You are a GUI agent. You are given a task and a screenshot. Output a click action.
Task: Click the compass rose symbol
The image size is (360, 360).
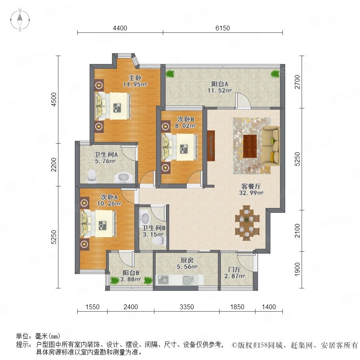[20, 20]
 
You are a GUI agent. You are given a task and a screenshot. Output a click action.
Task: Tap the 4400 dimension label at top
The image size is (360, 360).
[120, 28]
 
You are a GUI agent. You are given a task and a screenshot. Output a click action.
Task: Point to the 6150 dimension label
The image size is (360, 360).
[223, 28]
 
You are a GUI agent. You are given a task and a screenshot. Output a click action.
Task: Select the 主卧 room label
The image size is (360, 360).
[135, 78]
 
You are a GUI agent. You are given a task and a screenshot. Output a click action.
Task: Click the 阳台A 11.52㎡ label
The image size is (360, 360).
[220, 87]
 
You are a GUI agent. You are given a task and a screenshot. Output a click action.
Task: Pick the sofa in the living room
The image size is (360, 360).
[271, 146]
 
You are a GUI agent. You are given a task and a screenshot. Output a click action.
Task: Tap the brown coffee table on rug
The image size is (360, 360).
[250, 146]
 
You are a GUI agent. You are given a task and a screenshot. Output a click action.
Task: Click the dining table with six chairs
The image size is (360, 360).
[247, 223]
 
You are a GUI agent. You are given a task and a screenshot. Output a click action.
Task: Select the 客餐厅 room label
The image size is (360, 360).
[251, 186]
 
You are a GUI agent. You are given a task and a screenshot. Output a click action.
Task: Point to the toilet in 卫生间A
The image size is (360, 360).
[92, 176]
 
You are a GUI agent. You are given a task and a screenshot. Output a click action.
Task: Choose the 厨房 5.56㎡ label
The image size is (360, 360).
[187, 263]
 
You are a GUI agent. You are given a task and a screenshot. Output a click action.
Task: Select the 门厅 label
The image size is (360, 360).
[234, 269]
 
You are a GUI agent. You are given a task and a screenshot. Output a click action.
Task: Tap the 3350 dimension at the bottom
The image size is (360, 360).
[187, 307]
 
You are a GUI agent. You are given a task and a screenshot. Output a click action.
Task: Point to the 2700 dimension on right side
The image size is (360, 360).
[297, 82]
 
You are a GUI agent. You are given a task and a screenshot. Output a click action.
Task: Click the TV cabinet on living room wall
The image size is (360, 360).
[211, 146]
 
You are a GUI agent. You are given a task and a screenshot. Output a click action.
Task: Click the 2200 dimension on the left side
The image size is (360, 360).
[54, 164]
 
